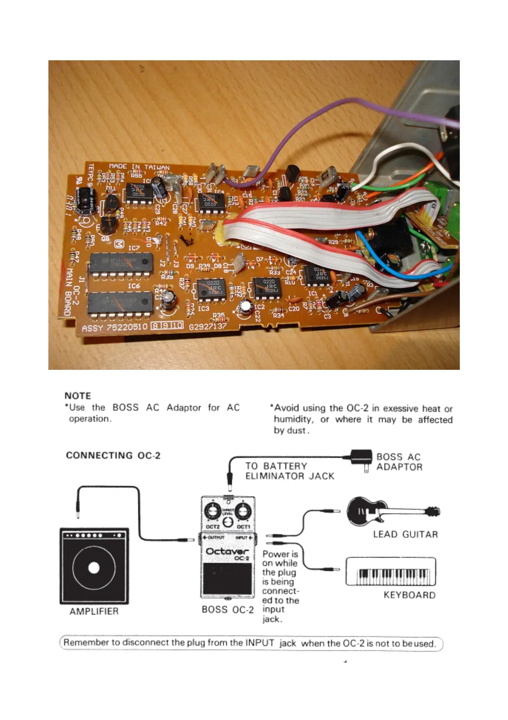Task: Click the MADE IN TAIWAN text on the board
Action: (139, 167)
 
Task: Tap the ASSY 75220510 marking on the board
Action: (114, 328)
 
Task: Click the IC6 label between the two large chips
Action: (134, 286)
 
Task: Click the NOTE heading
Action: (78, 395)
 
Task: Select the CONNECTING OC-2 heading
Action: (113, 455)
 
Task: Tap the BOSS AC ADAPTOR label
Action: (399, 462)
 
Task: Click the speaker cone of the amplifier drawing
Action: (93, 567)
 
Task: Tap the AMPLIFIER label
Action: (94, 611)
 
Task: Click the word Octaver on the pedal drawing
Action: (227, 551)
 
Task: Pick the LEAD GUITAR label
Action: (405, 534)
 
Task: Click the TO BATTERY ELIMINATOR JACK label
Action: (289, 471)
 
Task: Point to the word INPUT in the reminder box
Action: (260, 643)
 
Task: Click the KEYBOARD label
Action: (409, 595)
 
